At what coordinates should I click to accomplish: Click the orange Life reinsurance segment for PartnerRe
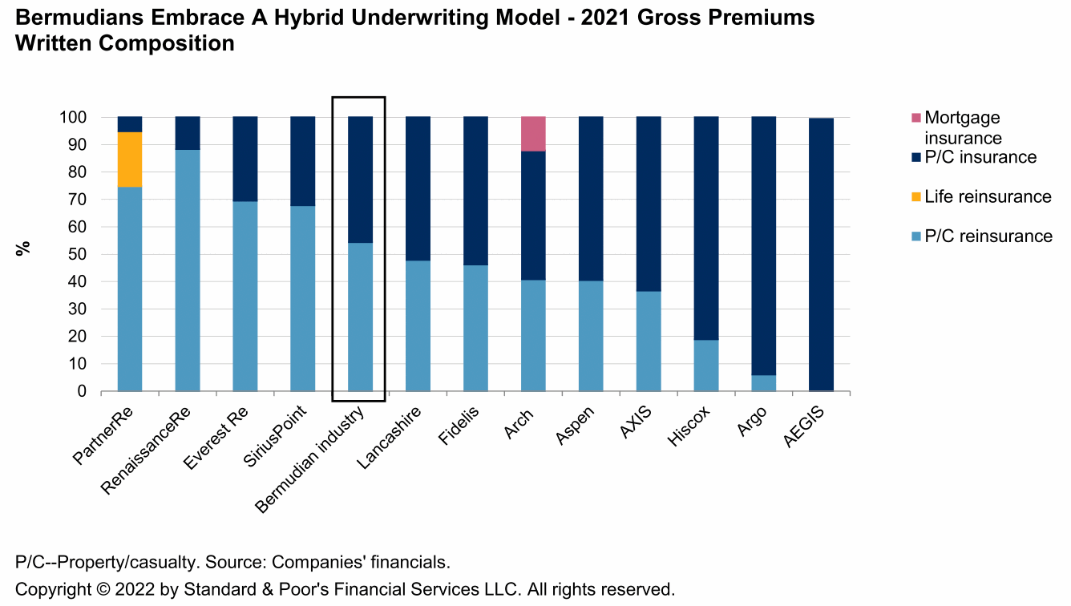click(130, 160)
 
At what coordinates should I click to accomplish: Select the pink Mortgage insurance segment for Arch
click(534, 134)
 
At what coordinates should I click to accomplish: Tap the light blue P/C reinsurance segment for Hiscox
click(706, 366)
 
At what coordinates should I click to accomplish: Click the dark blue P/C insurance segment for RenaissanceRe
click(188, 133)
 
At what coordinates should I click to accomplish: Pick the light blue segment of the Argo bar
click(764, 383)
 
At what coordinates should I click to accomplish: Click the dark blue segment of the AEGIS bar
click(822, 253)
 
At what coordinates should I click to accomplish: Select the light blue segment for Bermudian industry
click(360, 317)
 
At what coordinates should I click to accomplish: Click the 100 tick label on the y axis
click(73, 118)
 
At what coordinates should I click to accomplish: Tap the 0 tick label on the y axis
click(82, 392)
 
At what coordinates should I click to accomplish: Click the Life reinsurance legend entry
click(987, 196)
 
